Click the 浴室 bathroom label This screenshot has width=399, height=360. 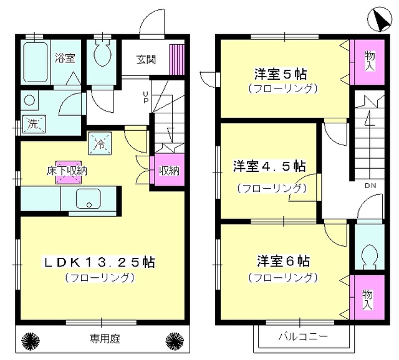pyautogui.click(x=64, y=59)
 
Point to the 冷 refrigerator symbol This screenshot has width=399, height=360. pyautogui.click(x=100, y=144)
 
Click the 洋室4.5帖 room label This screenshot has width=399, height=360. pyautogui.click(x=269, y=166)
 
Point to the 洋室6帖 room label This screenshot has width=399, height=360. pyautogui.click(x=282, y=260)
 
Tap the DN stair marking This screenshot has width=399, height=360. pyautogui.click(x=370, y=185)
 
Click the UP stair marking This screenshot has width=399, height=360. pyautogui.click(x=145, y=97)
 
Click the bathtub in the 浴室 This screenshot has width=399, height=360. pyautogui.click(x=36, y=63)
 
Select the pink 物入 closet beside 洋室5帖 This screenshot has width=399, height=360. pyautogui.click(x=369, y=62)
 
